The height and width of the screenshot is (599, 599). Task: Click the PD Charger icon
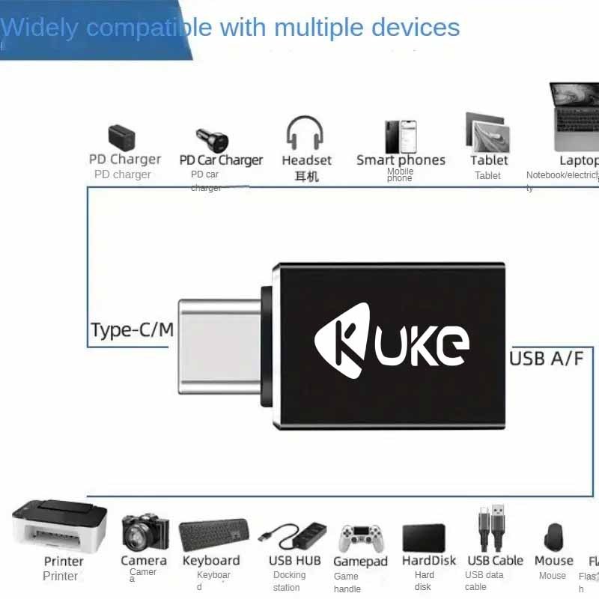[x=122, y=137]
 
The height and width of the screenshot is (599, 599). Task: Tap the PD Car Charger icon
[x=212, y=139]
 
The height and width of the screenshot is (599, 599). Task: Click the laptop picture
[x=575, y=116]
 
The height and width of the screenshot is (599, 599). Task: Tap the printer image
[x=60, y=525]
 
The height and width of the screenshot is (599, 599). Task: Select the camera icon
[x=144, y=532]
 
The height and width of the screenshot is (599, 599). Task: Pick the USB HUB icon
[x=294, y=535]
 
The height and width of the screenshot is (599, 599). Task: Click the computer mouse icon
[x=553, y=538]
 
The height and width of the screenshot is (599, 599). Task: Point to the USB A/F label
[x=546, y=358]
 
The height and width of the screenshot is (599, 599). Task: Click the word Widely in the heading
[x=39, y=28]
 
